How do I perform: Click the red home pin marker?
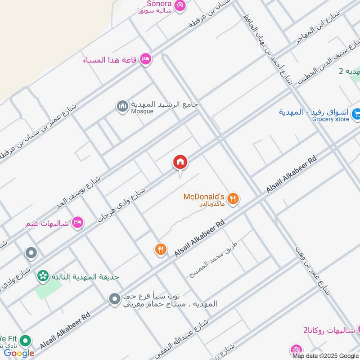180,162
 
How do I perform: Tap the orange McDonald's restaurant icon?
233,198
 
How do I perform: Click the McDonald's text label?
204,197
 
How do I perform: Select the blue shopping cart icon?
356,114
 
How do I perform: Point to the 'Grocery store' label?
331,119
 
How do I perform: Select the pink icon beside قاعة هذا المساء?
145,59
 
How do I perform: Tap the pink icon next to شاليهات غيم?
78,223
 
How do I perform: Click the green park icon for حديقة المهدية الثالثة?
43,275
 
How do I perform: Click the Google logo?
19,353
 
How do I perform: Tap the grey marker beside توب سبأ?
115,298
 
